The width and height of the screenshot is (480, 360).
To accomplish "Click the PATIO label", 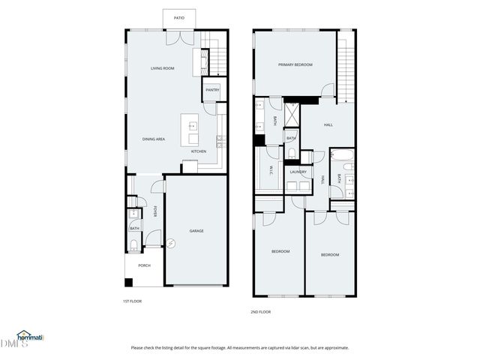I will pyautogui.click(x=179, y=17).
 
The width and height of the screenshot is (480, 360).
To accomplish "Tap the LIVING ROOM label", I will pyautogui.click(x=162, y=68).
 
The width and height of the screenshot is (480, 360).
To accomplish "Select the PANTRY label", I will pyautogui.click(x=212, y=90).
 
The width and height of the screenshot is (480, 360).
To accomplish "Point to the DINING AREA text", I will pyautogui.click(x=154, y=139).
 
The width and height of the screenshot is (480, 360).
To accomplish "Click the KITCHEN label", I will pyautogui.click(x=199, y=151).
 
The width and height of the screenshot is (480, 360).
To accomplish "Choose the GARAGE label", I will pyautogui.click(x=196, y=230).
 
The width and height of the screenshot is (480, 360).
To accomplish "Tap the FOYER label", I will pyautogui.click(x=155, y=211).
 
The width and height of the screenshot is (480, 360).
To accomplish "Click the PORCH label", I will pyautogui.click(x=144, y=265).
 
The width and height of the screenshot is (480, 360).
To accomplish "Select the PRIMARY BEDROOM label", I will pyautogui.click(x=295, y=65).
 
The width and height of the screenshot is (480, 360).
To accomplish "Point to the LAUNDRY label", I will pyautogui.click(x=298, y=172).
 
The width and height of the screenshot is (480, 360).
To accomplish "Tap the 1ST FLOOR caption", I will pyautogui.click(x=133, y=301).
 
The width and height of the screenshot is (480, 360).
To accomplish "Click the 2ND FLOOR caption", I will pyautogui.click(x=260, y=311).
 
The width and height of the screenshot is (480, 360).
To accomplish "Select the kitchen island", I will pyautogui.click(x=190, y=129).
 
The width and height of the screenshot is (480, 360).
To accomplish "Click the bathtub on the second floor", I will pyautogui.click(x=342, y=157).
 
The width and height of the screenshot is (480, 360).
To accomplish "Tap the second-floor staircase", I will pyautogui.click(x=345, y=67).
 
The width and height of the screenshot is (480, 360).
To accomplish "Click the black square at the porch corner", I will pyautogui.click(x=128, y=283).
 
